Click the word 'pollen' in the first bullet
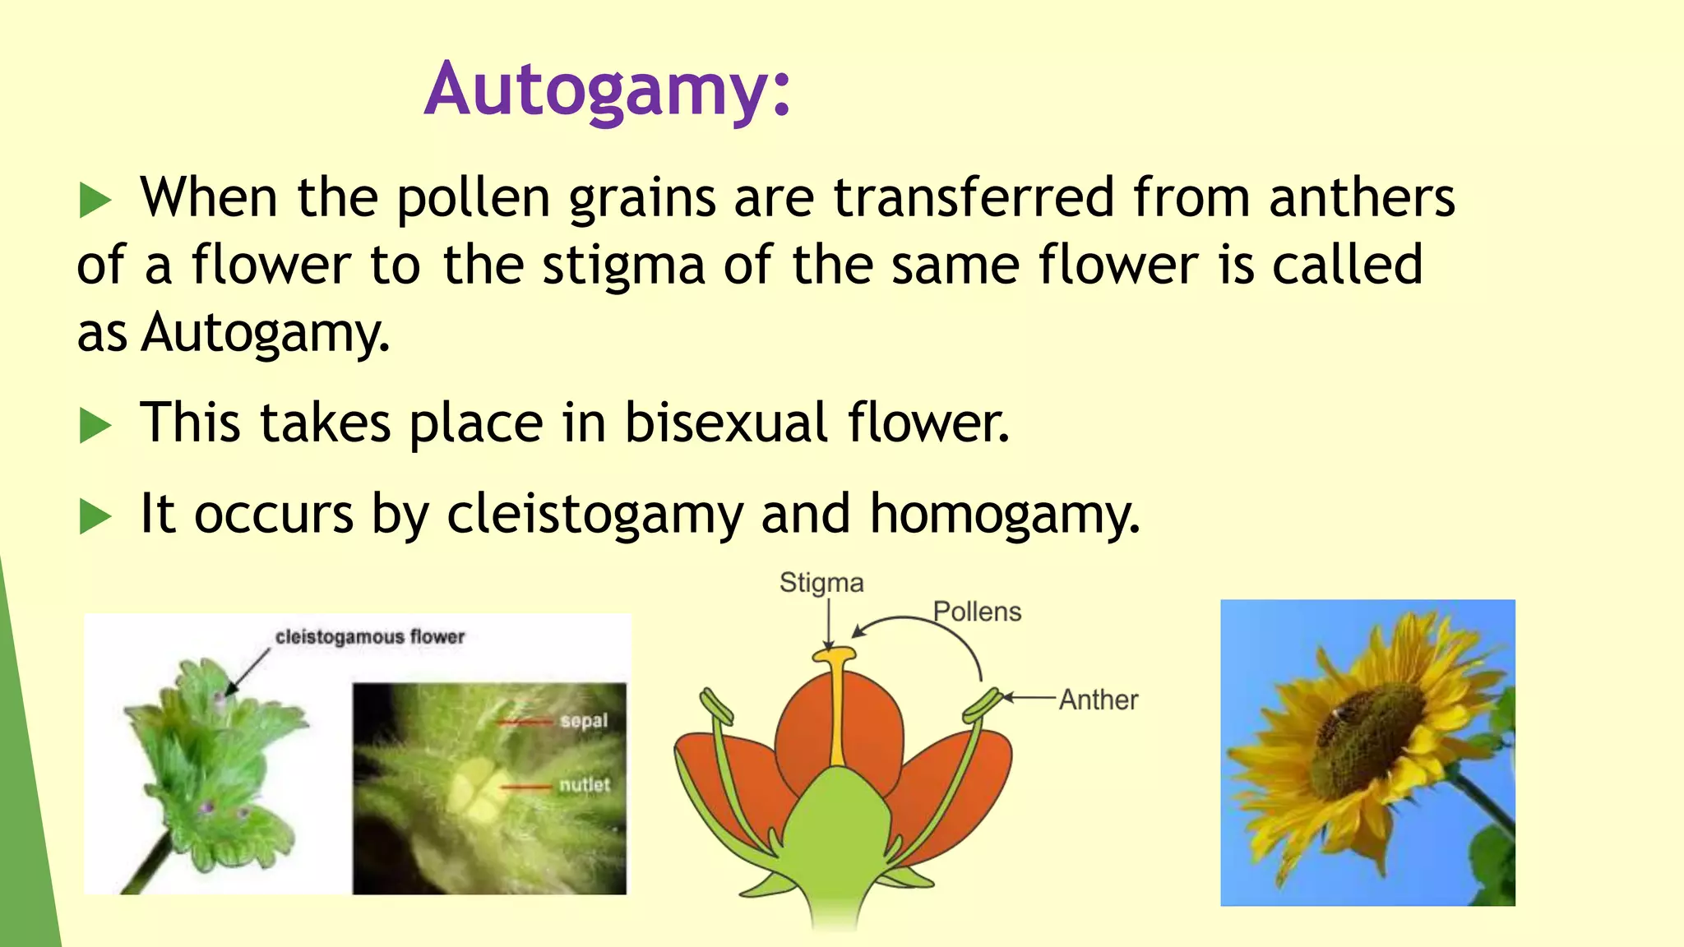pyautogui.click(x=473, y=199)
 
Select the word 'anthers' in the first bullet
pyautogui.click(x=1362, y=199)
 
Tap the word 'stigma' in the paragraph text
pyautogui.click(x=623, y=266)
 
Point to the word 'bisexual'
pyautogui.click(x=725, y=423)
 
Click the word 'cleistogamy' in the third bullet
pyautogui.click(x=594, y=515)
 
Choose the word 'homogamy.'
pyautogui.click(x=1005, y=515)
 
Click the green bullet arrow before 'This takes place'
pyautogui.click(x=95, y=426)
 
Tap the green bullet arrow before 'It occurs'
pyautogui.click(x=95, y=517)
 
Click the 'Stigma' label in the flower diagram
pyautogui.click(x=821, y=583)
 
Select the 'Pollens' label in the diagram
pyautogui.click(x=977, y=612)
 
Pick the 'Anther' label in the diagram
pyautogui.click(x=1098, y=700)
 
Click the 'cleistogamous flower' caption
pyautogui.click(x=369, y=637)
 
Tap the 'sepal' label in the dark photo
pyautogui.click(x=584, y=721)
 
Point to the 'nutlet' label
pyautogui.click(x=585, y=785)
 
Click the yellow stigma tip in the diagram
pyautogui.click(x=835, y=655)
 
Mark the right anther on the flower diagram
pyautogui.click(x=983, y=705)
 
